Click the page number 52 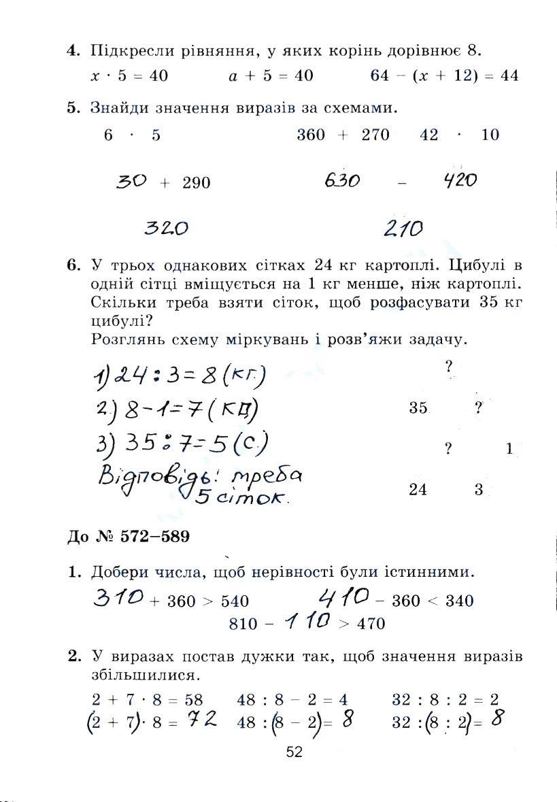click(x=294, y=752)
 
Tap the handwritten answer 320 click(x=167, y=228)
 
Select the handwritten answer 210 click(x=403, y=229)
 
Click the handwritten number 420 click(x=459, y=181)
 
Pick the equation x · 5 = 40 click(x=129, y=76)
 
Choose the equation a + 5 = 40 click(x=271, y=76)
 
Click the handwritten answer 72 click(x=203, y=720)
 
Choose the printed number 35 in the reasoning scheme click(x=418, y=408)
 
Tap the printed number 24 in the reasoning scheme click(x=418, y=490)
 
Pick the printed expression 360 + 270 click(x=343, y=135)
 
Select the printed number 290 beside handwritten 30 click(x=197, y=183)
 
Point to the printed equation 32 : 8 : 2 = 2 click(x=446, y=699)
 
